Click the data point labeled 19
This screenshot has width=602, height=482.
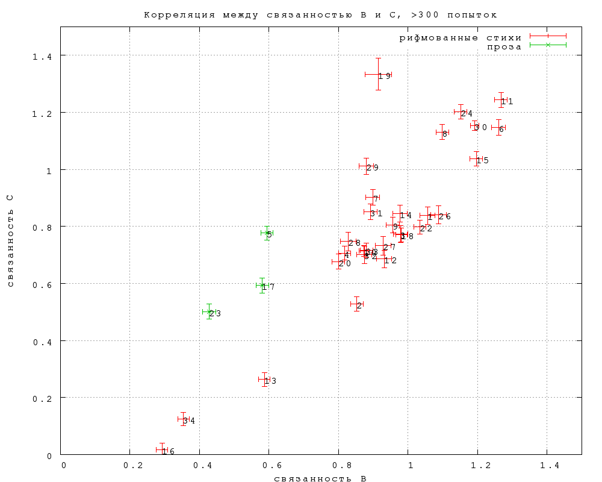(x=378, y=74)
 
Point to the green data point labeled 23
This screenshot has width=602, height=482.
(x=209, y=311)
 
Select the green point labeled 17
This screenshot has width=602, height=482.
(x=262, y=286)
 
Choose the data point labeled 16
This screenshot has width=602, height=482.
(x=162, y=449)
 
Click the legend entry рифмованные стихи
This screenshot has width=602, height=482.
(x=461, y=37)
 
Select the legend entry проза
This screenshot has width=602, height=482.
(x=504, y=46)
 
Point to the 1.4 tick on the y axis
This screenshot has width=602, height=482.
(x=43, y=56)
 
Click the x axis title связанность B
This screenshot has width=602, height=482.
(x=320, y=478)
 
